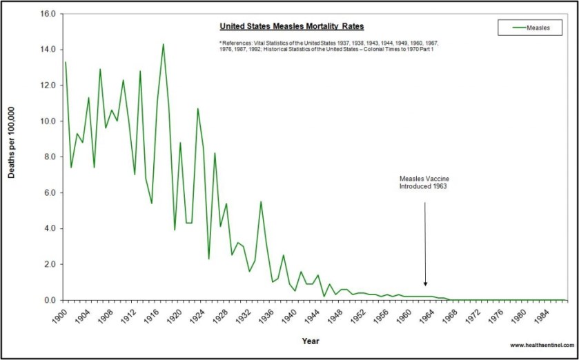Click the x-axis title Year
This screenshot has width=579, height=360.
(310, 341)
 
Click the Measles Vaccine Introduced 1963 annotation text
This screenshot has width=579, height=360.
(424, 182)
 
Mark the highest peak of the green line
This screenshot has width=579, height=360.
(163, 44)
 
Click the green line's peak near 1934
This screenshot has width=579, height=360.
(261, 201)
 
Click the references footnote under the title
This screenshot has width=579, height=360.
(328, 46)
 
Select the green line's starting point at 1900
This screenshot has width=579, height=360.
(66, 62)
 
